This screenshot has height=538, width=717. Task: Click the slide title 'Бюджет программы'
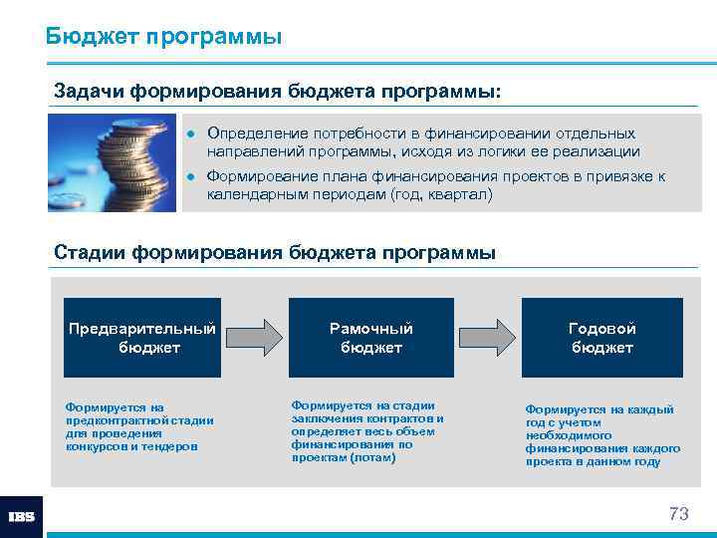click(x=163, y=37)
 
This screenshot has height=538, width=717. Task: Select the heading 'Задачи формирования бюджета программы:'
click(x=278, y=91)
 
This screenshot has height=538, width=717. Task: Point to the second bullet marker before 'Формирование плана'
click(x=192, y=177)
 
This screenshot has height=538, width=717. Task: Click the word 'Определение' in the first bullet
click(x=252, y=134)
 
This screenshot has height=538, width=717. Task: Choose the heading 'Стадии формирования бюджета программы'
click(x=274, y=252)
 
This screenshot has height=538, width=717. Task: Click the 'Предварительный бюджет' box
click(x=142, y=338)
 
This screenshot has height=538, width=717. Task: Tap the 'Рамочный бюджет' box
click(x=371, y=338)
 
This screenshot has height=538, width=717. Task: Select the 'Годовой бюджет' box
click(x=602, y=338)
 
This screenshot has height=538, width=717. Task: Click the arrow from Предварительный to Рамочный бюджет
click(x=255, y=337)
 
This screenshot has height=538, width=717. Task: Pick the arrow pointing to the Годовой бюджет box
click(x=487, y=337)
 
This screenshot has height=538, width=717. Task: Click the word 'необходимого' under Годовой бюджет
click(x=564, y=435)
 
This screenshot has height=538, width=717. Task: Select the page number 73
click(x=678, y=514)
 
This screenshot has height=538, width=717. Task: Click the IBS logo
click(x=21, y=517)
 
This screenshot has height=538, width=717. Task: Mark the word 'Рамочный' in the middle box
click(x=371, y=328)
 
